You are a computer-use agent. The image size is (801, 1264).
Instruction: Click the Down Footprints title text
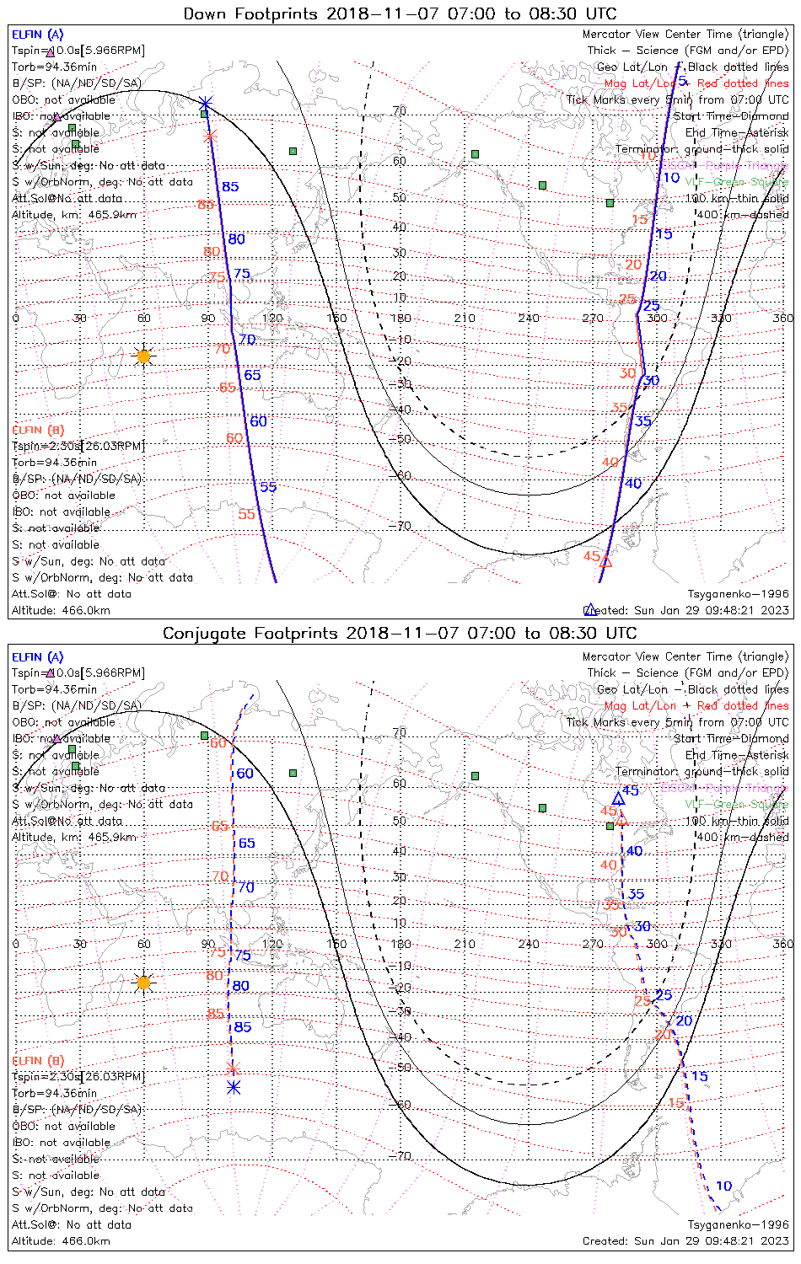click(x=400, y=13)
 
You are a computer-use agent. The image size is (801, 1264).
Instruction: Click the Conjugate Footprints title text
click(x=400, y=633)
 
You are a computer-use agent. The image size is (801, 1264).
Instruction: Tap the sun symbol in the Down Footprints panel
click(x=144, y=356)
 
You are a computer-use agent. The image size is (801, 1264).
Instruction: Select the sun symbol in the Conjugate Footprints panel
click(x=144, y=983)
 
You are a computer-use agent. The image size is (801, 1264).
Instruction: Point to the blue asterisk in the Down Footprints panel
click(x=206, y=104)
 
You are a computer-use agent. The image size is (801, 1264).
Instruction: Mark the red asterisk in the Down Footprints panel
click(x=210, y=136)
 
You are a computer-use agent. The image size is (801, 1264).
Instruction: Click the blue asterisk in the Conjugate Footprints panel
click(x=234, y=1088)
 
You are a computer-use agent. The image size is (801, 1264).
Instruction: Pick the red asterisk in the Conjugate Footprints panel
click(x=234, y=1069)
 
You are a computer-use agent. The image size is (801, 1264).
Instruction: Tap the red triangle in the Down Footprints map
click(x=605, y=560)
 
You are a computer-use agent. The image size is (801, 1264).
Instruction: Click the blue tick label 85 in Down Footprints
click(x=230, y=187)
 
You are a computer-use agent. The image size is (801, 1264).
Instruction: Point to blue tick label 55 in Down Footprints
click(x=268, y=487)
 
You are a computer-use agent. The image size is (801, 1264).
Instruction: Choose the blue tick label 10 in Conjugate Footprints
click(x=723, y=1186)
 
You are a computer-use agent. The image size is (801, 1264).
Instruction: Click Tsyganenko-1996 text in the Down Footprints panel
click(x=738, y=594)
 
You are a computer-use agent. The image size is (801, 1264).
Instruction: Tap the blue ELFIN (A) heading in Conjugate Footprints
click(x=38, y=657)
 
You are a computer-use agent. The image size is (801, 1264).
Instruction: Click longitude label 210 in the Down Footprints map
click(x=465, y=318)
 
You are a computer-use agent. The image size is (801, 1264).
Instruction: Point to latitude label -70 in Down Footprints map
click(x=401, y=526)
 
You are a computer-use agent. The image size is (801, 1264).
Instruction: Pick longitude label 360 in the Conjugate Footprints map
click(x=783, y=944)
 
